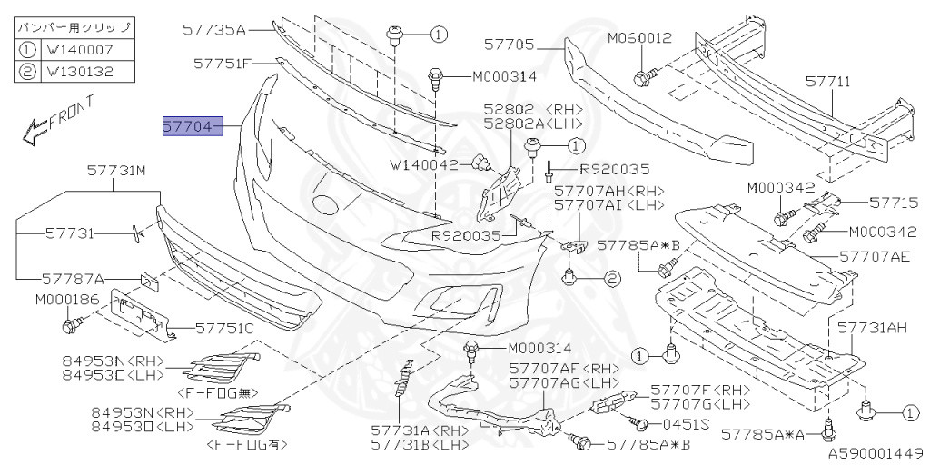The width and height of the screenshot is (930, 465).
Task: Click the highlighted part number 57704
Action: pos(190,126)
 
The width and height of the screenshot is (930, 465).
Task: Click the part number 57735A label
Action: pos(215,31)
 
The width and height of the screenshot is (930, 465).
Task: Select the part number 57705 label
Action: pos(510,43)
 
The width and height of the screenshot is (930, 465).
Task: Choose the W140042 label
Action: pos(424,165)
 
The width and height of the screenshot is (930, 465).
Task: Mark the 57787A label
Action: pos(72,278)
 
